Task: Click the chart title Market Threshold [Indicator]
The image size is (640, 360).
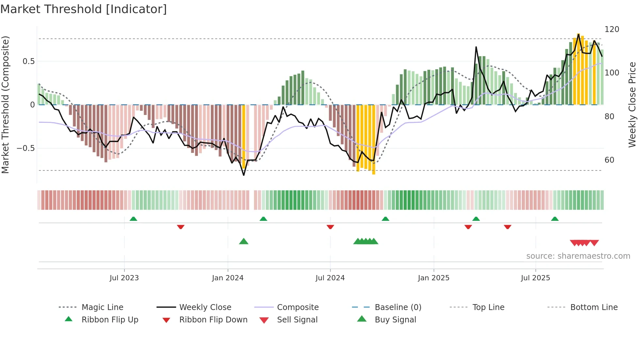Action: point(84,9)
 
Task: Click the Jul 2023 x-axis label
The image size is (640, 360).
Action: point(124,278)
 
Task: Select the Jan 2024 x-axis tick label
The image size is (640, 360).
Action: point(228,278)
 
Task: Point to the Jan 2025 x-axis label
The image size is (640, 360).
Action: point(434,278)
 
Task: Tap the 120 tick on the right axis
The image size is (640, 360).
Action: point(612,29)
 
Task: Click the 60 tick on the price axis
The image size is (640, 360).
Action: point(609,160)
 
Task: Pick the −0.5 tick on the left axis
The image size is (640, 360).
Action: point(25,148)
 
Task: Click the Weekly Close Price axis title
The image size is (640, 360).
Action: point(632,105)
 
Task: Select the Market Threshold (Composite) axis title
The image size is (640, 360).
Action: point(6,105)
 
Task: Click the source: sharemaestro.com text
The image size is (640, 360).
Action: point(578,256)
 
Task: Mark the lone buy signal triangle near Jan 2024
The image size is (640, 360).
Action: point(244,241)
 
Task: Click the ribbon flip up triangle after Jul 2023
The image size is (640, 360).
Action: point(133,219)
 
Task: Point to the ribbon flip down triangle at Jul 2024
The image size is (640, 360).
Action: point(330,227)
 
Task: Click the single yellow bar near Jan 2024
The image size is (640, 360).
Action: point(244,137)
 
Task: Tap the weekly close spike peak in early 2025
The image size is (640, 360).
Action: point(476,47)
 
